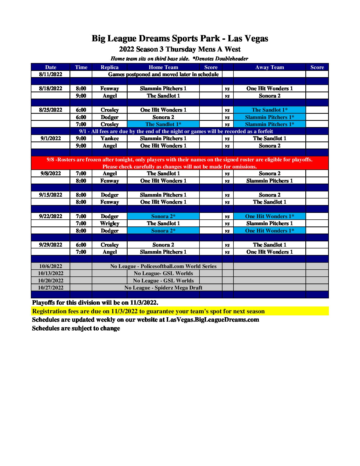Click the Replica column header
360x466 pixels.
110,67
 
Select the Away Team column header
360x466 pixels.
269,67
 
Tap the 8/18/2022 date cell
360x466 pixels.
50,88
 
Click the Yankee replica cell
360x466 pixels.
110,138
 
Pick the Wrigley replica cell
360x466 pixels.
110,223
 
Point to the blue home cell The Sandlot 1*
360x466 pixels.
163,124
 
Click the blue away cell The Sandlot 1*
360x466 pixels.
269,110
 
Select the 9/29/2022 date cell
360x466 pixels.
50,245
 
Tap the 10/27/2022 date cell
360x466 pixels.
50,288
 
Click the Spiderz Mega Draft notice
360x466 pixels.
163,288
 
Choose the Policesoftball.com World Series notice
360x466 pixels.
163,266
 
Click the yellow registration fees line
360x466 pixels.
148,311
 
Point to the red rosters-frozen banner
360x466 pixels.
180,163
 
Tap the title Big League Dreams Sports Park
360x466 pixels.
180,38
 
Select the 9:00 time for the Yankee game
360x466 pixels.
81,138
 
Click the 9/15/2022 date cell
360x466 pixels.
50,195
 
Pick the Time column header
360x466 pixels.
81,67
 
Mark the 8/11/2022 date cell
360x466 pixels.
50,74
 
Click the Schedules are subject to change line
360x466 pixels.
76,328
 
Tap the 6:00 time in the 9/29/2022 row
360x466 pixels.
81,245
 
